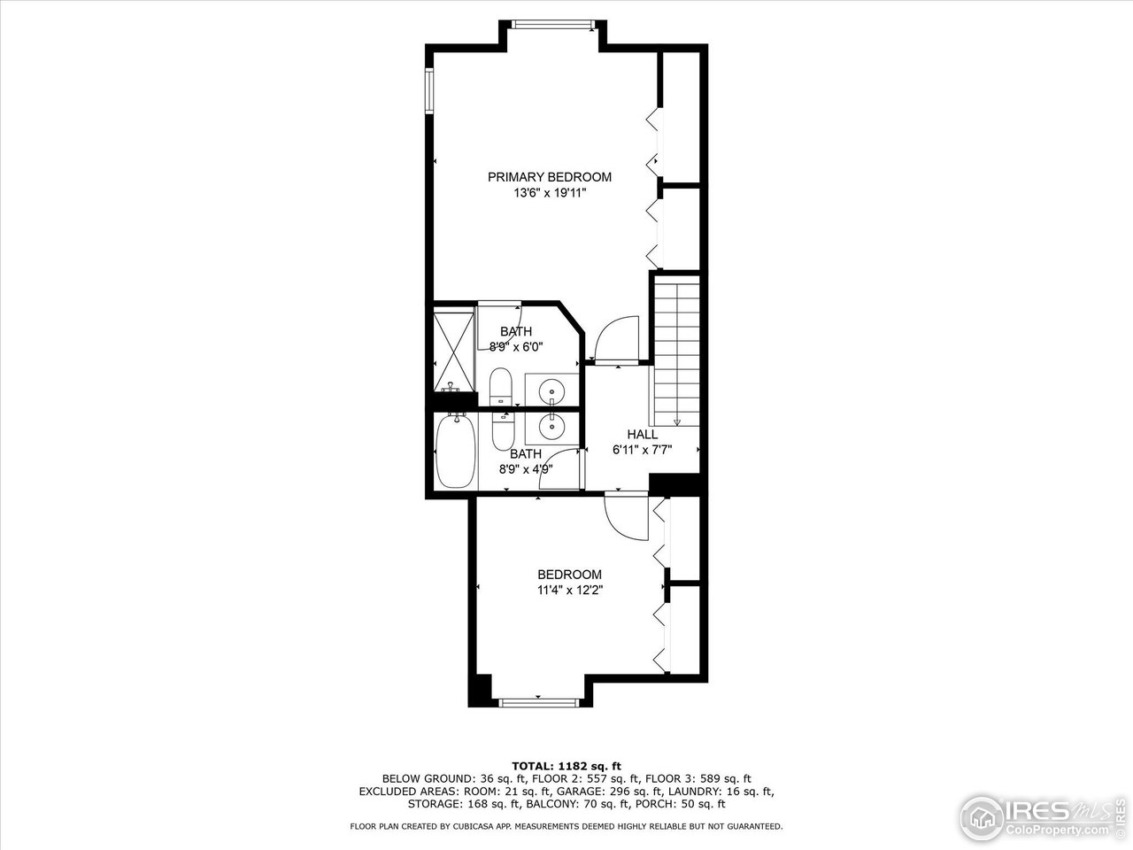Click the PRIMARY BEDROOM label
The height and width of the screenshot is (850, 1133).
(x=549, y=177)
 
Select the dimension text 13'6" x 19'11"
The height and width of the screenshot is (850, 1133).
(x=549, y=192)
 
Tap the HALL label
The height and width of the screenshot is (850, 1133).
(x=642, y=435)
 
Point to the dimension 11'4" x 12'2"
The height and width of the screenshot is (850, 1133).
(x=569, y=590)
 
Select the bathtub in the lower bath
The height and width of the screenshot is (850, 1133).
(x=454, y=452)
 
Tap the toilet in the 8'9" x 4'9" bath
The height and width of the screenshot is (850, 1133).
(x=502, y=431)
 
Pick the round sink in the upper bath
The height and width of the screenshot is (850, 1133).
(x=552, y=389)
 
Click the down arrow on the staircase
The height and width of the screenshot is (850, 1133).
(x=678, y=422)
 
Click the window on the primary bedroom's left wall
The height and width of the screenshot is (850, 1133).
(x=429, y=91)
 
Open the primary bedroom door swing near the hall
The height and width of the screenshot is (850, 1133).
(x=616, y=341)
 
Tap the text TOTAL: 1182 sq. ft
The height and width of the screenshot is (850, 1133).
(x=566, y=765)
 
